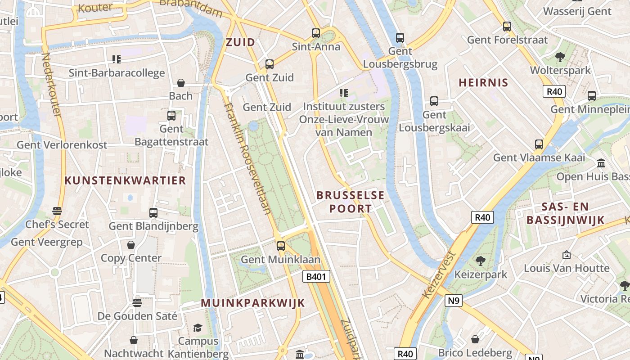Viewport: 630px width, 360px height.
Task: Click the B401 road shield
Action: [316, 276]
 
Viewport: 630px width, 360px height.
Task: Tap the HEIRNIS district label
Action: [483, 82]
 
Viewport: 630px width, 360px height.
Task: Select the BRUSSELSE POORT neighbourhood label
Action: [351, 202]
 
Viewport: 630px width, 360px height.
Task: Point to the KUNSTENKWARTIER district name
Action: [125, 180]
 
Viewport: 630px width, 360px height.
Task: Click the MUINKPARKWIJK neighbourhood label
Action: [253, 303]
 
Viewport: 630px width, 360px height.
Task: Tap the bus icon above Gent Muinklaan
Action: [281, 246]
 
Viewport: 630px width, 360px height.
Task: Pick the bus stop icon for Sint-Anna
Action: [316, 33]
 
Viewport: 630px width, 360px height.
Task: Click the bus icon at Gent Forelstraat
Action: [507, 26]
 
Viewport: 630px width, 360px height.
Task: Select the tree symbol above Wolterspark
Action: [560, 57]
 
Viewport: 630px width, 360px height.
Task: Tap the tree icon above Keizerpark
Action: [481, 261]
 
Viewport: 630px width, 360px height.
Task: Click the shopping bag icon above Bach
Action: [181, 82]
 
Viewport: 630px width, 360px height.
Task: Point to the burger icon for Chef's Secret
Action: [57, 211]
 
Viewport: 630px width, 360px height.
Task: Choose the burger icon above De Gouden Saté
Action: [137, 302]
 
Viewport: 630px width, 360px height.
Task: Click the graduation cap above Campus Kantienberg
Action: [198, 327]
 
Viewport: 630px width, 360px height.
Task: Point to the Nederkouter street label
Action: [51, 85]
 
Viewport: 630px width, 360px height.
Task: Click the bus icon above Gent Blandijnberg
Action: [153, 212]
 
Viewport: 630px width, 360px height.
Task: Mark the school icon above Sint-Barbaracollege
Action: [117, 59]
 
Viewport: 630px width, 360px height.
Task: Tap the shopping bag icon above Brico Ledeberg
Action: [475, 339]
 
